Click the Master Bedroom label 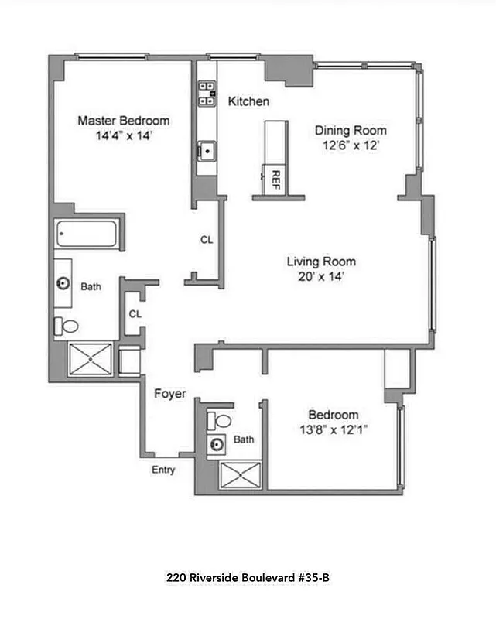click(124, 121)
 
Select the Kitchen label click(248, 101)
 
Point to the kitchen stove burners click(207, 92)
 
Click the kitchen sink click(207, 150)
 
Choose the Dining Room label click(351, 131)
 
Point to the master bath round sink click(64, 283)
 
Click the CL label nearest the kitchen click(207, 240)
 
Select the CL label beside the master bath click(135, 313)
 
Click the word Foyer click(169, 394)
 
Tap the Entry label click(163, 470)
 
